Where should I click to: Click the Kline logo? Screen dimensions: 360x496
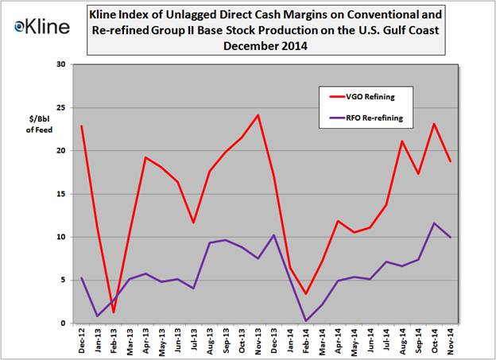(x=42, y=25)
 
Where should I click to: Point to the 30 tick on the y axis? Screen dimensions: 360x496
(x=60, y=64)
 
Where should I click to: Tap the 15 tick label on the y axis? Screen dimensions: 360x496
(x=60, y=194)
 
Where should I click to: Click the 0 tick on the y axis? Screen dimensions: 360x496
(x=63, y=323)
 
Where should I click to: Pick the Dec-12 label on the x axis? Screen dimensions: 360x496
(x=83, y=340)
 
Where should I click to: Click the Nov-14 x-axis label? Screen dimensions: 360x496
(x=451, y=340)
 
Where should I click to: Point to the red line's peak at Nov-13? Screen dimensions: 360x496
(x=258, y=115)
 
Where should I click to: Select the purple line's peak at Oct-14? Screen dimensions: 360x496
(x=433, y=223)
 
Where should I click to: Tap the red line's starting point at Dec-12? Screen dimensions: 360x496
(x=82, y=126)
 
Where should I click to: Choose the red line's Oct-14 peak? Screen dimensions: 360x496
(x=433, y=124)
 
